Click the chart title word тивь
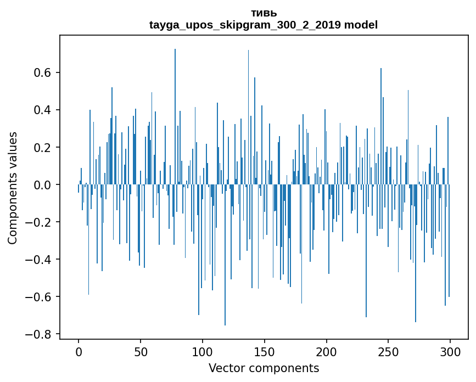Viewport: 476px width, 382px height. [264, 13]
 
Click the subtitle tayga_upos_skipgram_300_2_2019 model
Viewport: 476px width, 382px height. [264, 25]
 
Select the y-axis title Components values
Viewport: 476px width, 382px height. [13, 188]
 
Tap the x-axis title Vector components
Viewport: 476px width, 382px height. [264, 368]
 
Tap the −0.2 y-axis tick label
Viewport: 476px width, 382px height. [39, 222]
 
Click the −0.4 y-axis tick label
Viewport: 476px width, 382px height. [39, 260]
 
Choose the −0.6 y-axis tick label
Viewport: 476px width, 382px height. [39, 297]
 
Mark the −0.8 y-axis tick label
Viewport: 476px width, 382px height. [39, 334]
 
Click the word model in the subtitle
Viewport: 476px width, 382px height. [361, 25]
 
